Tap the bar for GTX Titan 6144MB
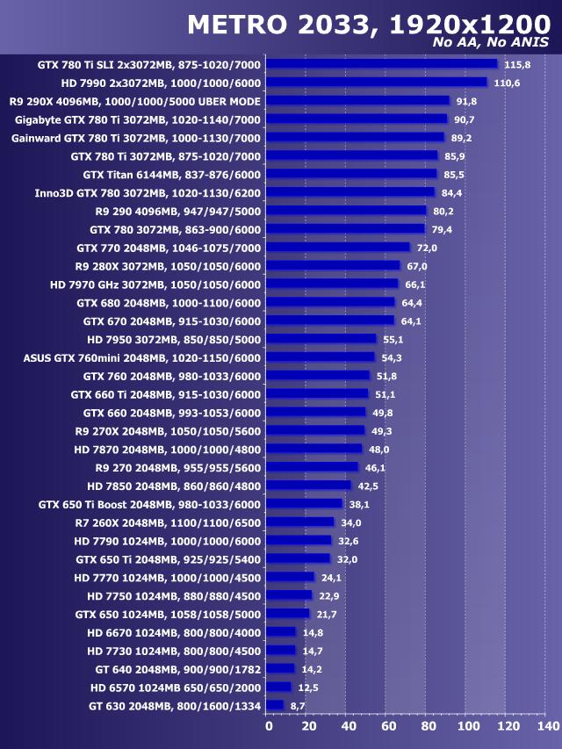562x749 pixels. pyautogui.click(x=351, y=174)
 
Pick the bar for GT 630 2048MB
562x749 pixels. pyautogui.click(x=275, y=705)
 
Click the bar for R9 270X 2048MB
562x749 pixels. pyautogui.click(x=315, y=430)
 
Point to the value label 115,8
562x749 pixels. pyautogui.click(x=518, y=65)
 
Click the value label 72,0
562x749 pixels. pyautogui.click(x=427, y=248)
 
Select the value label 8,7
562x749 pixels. pyautogui.click(x=298, y=705)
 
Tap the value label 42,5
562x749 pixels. pyautogui.click(x=368, y=486)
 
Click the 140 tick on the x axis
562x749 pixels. pyautogui.click(x=546, y=727)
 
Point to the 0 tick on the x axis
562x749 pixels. pyautogui.click(x=268, y=727)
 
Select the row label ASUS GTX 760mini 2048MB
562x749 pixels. pyautogui.click(x=141, y=357)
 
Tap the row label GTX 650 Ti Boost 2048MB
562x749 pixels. pyautogui.click(x=149, y=504)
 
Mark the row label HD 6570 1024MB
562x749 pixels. pyautogui.click(x=175, y=687)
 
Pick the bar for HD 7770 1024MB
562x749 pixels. pyautogui.click(x=290, y=577)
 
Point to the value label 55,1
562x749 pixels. pyautogui.click(x=392, y=339)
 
